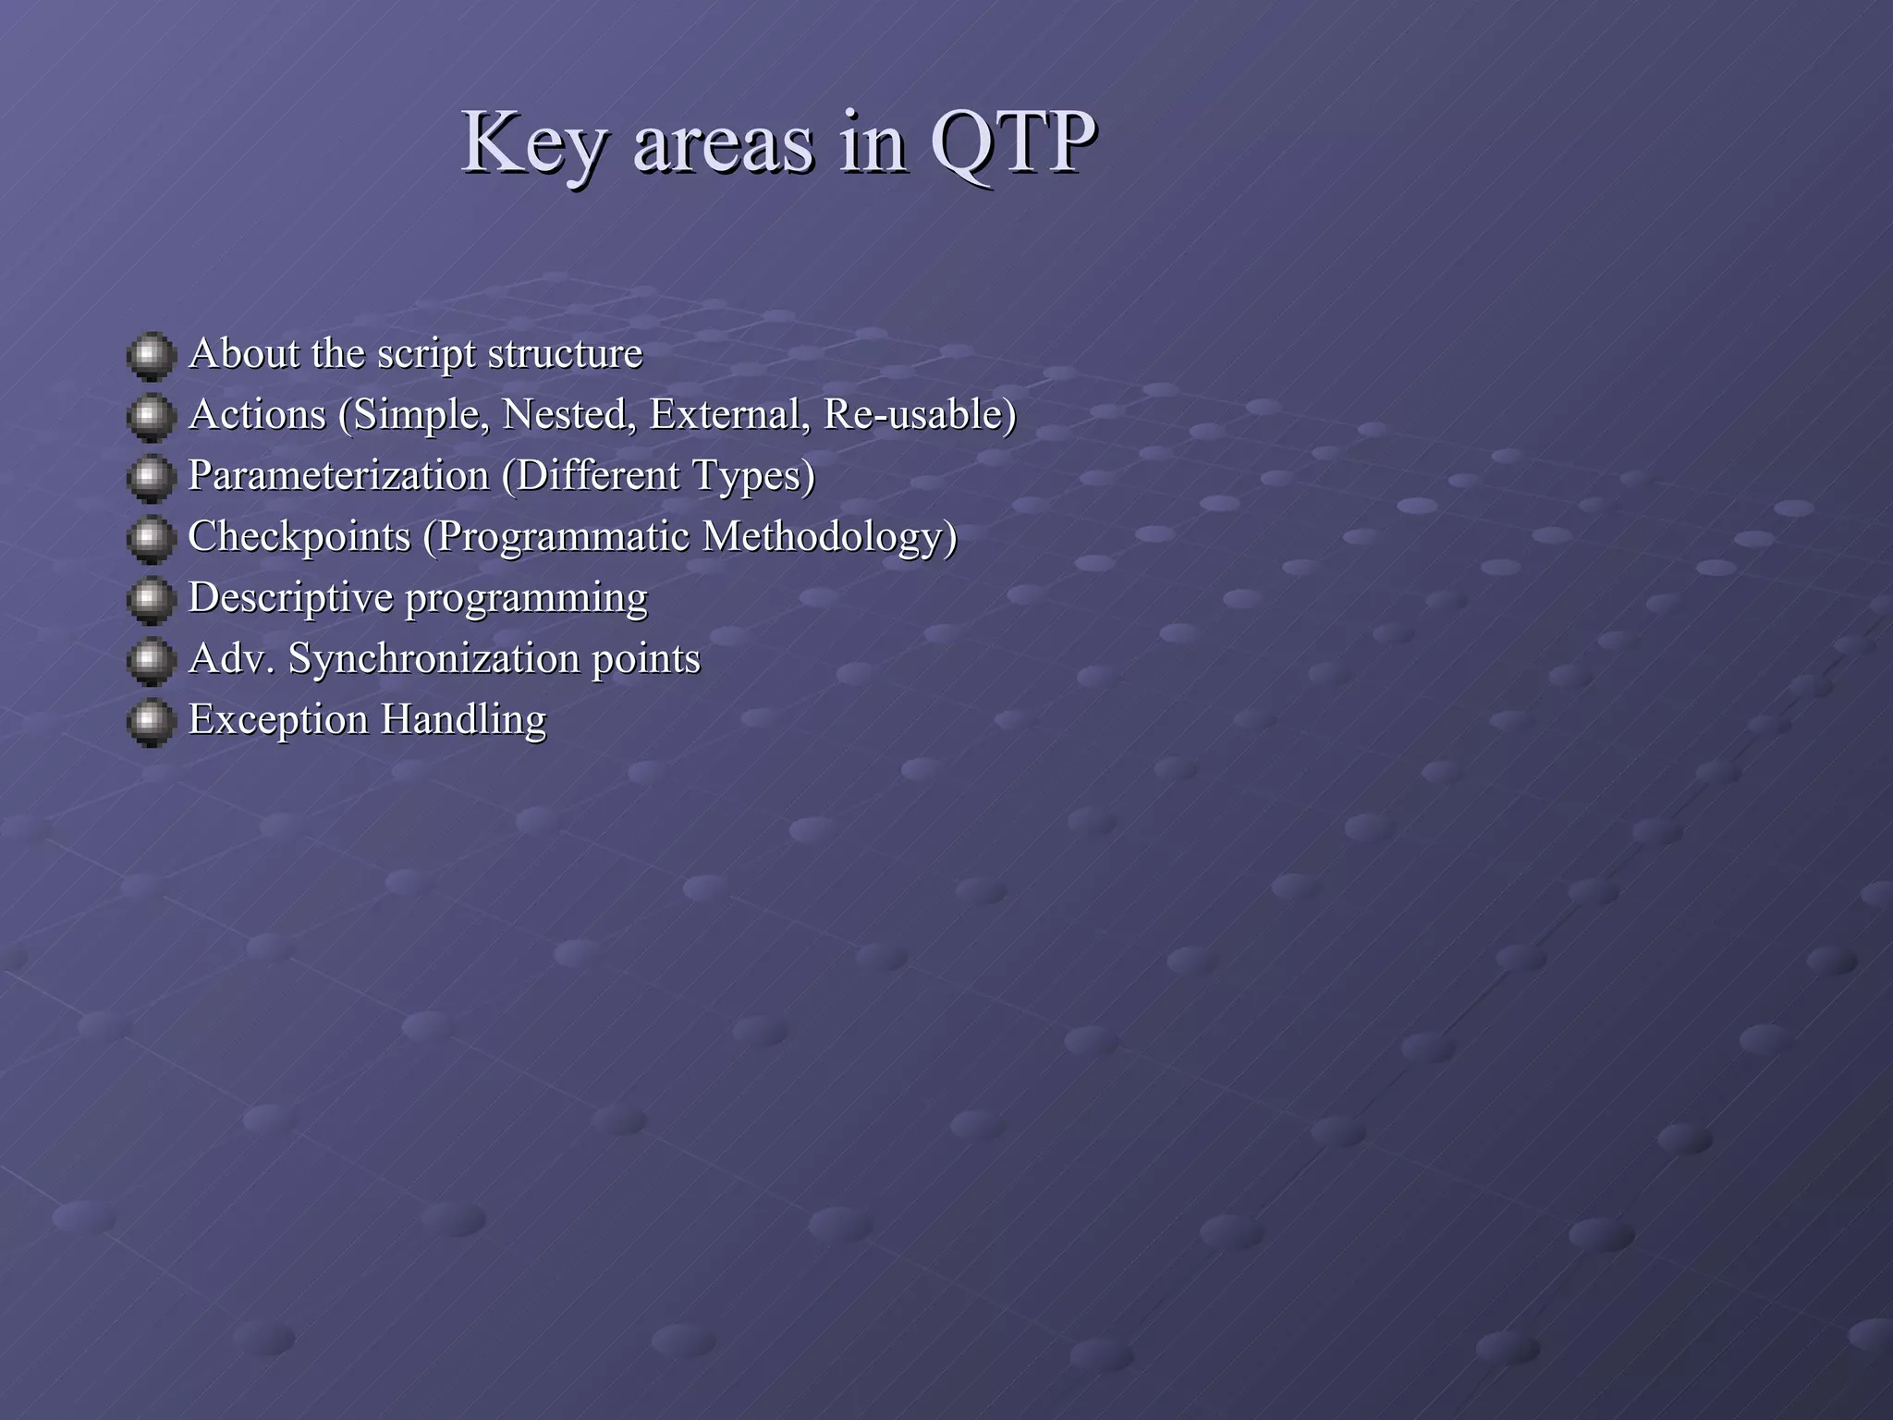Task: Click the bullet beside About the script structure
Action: point(151,356)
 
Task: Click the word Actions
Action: point(257,414)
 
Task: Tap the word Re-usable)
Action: point(920,414)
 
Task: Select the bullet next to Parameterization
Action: point(151,478)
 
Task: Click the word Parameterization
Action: point(338,476)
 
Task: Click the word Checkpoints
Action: point(299,537)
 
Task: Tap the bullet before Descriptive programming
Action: point(151,600)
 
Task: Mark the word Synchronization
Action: point(434,659)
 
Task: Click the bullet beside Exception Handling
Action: point(151,722)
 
